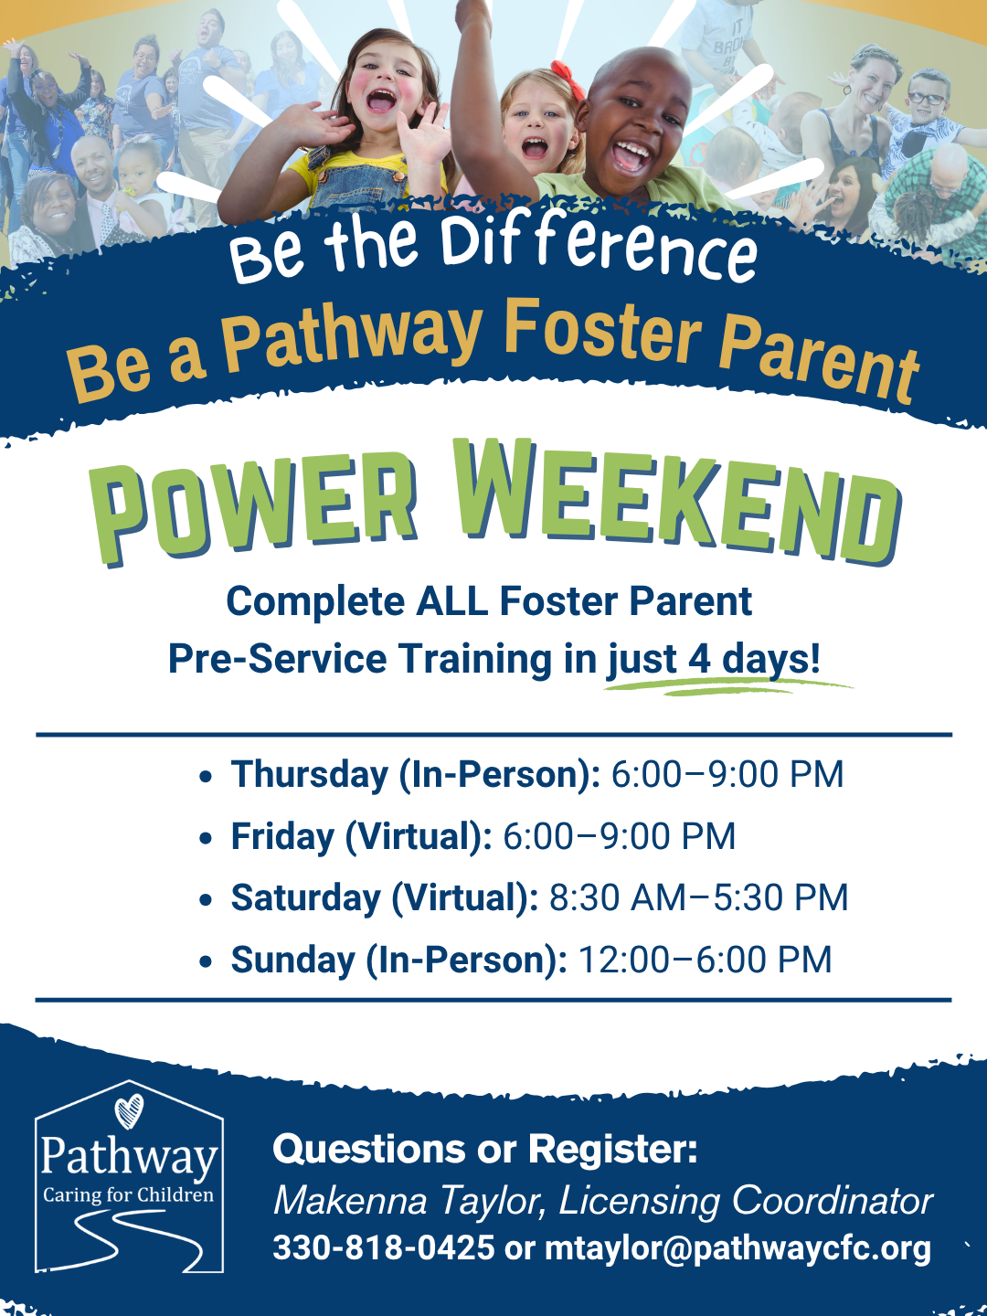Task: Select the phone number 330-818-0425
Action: pyautogui.click(x=384, y=1247)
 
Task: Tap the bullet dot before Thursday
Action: pyautogui.click(x=206, y=777)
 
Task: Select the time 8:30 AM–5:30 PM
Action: pyautogui.click(x=699, y=897)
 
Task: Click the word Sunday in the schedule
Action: pyautogui.click(x=293, y=960)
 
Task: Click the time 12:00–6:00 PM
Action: pyautogui.click(x=705, y=960)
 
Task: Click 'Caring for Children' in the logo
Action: pyautogui.click(x=128, y=1194)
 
